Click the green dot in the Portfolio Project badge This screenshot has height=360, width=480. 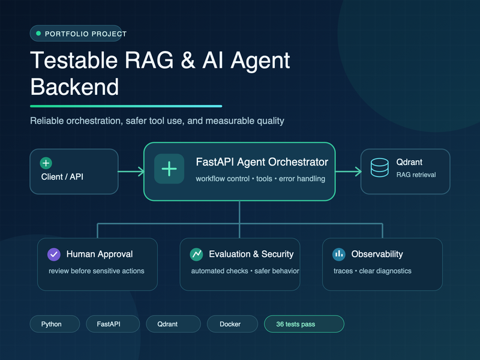pyautogui.click(x=38, y=34)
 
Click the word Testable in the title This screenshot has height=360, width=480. pyautogui.click(x=74, y=61)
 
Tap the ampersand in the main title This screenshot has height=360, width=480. pyautogui.click(x=188, y=61)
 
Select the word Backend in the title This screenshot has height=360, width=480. pyautogui.click(x=74, y=87)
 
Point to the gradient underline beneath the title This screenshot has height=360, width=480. pyautogui.click(x=126, y=106)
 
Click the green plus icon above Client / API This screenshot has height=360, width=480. pyautogui.click(x=46, y=163)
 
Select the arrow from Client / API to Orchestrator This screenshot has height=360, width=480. pyautogui.click(x=131, y=172)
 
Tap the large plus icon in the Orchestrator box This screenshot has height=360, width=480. pyautogui.click(x=169, y=169)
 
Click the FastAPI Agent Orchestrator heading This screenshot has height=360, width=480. pyautogui.click(x=262, y=162)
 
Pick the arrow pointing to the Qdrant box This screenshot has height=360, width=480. pyautogui.click(x=349, y=172)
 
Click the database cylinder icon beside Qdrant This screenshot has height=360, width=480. pyautogui.click(x=380, y=167)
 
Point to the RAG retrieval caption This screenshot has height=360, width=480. pyautogui.click(x=416, y=175)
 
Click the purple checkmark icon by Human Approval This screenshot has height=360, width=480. pyautogui.click(x=54, y=254)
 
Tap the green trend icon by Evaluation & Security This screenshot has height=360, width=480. pyautogui.click(x=197, y=254)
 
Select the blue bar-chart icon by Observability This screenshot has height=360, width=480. pyautogui.click(x=339, y=254)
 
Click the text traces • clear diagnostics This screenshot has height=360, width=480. pyautogui.click(x=372, y=271)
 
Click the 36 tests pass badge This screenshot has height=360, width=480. pyautogui.click(x=304, y=324)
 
